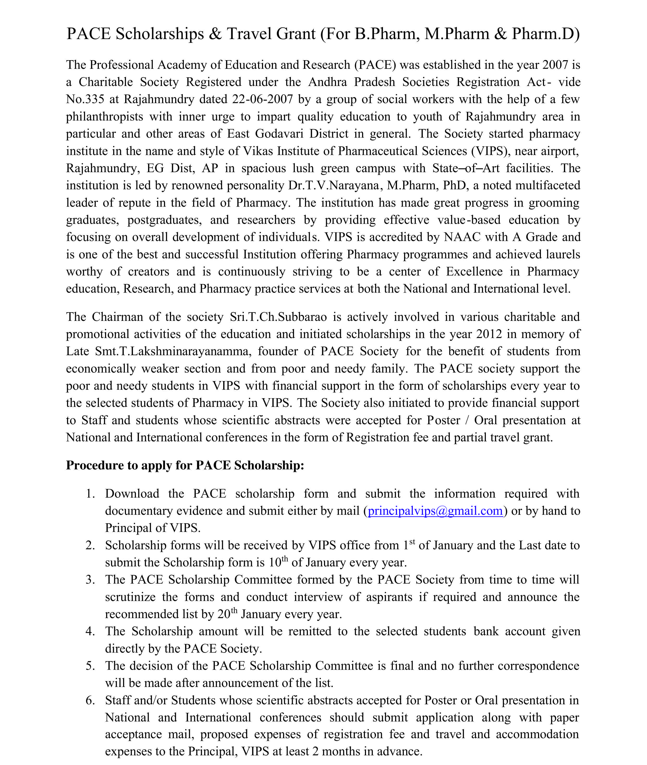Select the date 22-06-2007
coord(262,99)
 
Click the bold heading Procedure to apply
coord(185,465)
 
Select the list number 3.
coord(90,580)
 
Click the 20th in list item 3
coord(227,614)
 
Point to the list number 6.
coord(90,700)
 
